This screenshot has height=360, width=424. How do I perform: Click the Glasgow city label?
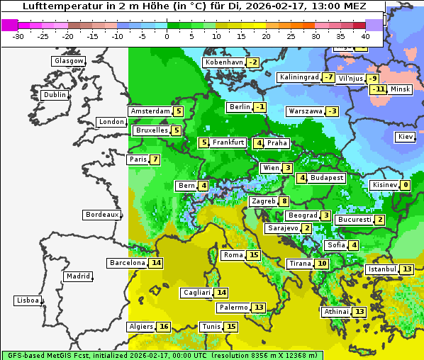pyautogui.click(x=68, y=61)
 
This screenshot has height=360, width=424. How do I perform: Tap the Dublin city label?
pyautogui.click(x=55, y=95)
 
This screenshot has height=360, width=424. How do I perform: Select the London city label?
pyautogui.click(x=111, y=122)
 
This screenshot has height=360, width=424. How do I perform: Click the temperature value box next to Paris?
pyautogui.click(x=155, y=159)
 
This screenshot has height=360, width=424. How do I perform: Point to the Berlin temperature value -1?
pyautogui.click(x=261, y=107)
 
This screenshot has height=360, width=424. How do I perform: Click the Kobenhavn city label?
pyautogui.click(x=224, y=62)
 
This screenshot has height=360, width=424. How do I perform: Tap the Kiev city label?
pyautogui.click(x=406, y=137)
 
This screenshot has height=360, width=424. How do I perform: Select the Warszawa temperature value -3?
pyautogui.click(x=332, y=111)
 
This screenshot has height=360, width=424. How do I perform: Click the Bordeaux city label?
pyautogui.click(x=101, y=215)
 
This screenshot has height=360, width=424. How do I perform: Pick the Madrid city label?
pyautogui.click(x=78, y=276)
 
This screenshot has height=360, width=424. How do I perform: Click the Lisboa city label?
pyautogui.click(x=27, y=300)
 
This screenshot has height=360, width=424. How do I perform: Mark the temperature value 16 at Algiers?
pyautogui.click(x=164, y=327)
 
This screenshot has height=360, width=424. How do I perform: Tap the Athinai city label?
pyautogui.click(x=336, y=312)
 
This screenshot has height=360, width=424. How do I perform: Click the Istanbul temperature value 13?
pyautogui.click(x=407, y=269)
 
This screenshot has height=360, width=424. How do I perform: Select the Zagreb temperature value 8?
pyautogui.click(x=284, y=201)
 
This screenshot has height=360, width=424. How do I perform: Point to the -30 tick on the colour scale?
pyautogui.click(x=18, y=36)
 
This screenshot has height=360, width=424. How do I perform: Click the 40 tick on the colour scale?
pyautogui.click(x=365, y=36)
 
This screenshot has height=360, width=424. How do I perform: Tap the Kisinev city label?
pyautogui.click(x=384, y=186)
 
